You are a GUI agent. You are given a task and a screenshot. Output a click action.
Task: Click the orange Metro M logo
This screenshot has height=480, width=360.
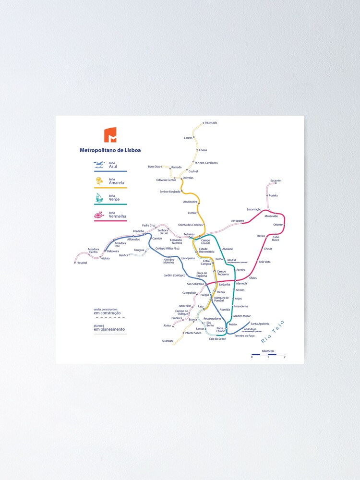110,135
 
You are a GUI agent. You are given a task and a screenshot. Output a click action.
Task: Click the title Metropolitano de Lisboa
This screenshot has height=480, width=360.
110,150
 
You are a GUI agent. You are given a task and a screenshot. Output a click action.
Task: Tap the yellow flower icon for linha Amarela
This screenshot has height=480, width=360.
99,181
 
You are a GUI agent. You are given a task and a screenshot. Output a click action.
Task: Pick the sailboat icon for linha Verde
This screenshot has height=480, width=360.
99,197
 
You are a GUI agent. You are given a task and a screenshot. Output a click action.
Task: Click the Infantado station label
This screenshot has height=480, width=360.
211,123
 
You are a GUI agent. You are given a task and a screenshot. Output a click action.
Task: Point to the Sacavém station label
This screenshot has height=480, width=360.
276,180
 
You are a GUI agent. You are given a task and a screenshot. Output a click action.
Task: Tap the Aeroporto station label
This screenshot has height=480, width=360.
237,221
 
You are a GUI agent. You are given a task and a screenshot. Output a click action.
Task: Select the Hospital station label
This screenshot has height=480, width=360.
82,263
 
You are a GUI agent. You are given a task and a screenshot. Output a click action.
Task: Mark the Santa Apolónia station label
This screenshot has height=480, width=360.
260,324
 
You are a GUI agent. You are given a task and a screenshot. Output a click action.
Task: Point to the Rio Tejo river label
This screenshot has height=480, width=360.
273,332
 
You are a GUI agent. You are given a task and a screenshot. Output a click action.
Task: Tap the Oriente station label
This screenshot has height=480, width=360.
277,225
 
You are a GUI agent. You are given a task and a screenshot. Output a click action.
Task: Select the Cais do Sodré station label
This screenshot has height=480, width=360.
217,339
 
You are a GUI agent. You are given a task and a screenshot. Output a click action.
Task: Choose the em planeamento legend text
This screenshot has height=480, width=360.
109,329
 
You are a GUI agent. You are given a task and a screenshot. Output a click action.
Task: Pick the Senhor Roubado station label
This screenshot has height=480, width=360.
170,192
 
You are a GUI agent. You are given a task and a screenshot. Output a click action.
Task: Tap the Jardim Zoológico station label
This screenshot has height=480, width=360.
174,276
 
